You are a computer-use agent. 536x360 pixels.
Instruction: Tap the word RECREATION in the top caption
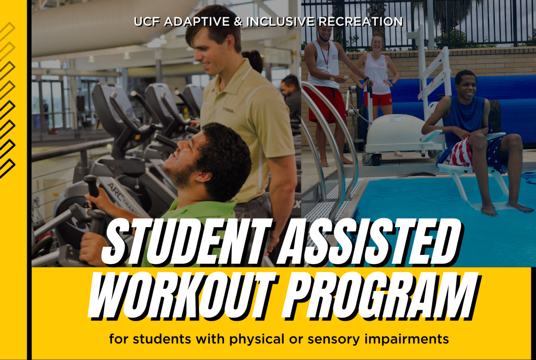tap(361, 21)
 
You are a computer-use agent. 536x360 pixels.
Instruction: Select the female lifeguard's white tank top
tap(377, 73)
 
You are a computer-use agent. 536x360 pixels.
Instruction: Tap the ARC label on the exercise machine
tap(117, 189)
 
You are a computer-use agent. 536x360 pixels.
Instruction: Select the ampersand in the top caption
tap(238, 21)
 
